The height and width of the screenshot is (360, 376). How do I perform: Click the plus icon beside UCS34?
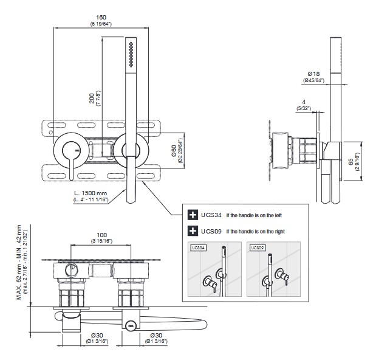pyautogui.click(x=193, y=215)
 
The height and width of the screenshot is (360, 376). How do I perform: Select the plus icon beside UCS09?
pyautogui.click(x=193, y=230)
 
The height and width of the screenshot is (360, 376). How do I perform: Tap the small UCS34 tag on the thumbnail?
pyautogui.click(x=199, y=248)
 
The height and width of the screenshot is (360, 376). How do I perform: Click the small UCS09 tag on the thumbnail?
pyautogui.click(x=256, y=248)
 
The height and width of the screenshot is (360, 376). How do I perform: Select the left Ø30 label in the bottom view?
pyautogui.click(x=75, y=335)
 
